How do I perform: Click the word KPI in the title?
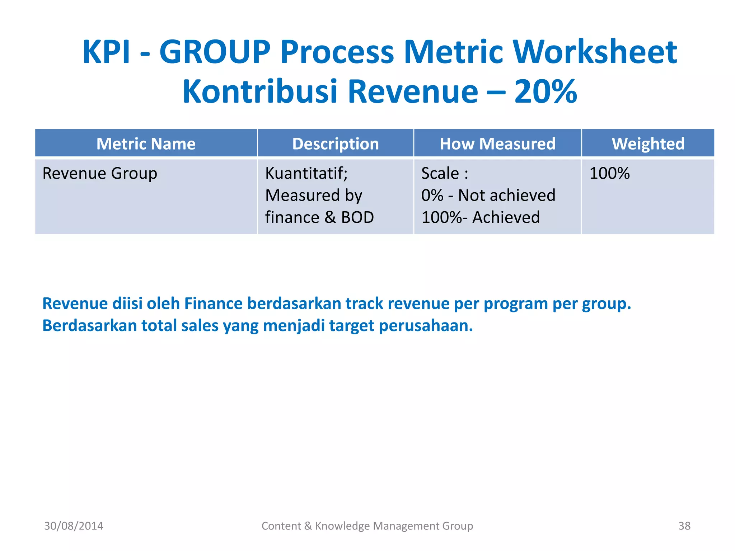point(106,52)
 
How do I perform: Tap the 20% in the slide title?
point(545,92)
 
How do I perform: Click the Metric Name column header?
point(146,144)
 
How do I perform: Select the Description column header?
point(335,144)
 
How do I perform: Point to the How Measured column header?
point(497,144)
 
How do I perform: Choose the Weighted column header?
point(648,144)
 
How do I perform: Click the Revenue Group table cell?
point(100,174)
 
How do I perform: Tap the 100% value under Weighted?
point(609,174)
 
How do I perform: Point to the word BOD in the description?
point(357,217)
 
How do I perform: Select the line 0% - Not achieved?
point(488,196)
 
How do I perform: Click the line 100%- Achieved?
point(480,217)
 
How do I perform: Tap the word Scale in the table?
point(440,174)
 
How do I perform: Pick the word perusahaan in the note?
point(426,326)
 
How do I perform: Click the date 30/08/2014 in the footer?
point(74,526)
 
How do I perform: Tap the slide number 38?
point(684,526)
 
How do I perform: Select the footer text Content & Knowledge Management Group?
point(367,526)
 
